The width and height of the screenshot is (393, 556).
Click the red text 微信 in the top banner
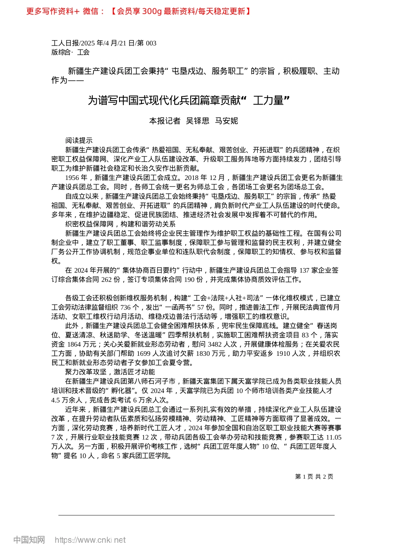(91, 12)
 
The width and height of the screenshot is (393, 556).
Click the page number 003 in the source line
(151, 43)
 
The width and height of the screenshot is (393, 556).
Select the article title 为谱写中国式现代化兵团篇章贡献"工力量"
(188, 100)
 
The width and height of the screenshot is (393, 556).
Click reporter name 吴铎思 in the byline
(198, 121)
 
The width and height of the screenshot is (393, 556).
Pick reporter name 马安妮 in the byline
(226, 121)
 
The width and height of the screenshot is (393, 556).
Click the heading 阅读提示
(79, 141)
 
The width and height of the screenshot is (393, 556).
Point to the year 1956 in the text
(73, 178)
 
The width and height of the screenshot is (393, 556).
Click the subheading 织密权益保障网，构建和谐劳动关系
(120, 224)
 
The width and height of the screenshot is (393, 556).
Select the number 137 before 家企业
(304, 271)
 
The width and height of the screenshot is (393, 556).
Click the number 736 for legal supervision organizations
(125, 307)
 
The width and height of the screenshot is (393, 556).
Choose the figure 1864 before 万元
(74, 344)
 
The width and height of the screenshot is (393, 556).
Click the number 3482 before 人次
(215, 344)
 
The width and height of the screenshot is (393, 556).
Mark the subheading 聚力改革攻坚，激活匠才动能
(110, 372)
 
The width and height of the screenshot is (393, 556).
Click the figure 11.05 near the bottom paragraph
(333, 437)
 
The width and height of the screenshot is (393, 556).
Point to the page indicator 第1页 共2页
(314, 477)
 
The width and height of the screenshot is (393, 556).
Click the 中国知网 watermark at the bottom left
(29, 540)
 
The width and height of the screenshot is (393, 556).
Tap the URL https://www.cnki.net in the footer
(90, 540)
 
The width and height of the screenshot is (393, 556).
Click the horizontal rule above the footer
(196, 515)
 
